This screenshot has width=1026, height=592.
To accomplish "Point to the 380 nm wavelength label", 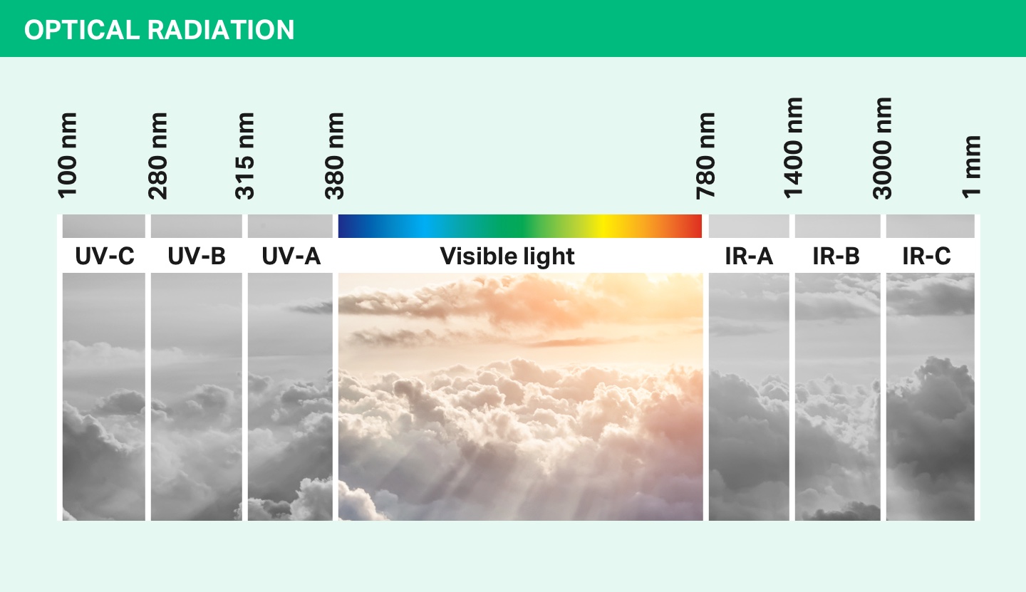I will pyautogui.click(x=334, y=155).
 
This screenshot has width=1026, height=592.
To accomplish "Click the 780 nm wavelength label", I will pyautogui.click(x=705, y=155).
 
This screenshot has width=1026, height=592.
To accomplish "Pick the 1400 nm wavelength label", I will pyautogui.click(x=793, y=147).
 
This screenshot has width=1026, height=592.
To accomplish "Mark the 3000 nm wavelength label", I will pyautogui.click(x=882, y=147).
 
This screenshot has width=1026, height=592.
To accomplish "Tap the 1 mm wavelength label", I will pyautogui.click(x=971, y=165).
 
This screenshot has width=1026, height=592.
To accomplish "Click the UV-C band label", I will pyautogui.click(x=105, y=256).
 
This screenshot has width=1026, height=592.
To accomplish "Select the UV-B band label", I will pyautogui.click(x=197, y=256).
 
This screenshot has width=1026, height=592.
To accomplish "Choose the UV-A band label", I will pyautogui.click(x=291, y=256).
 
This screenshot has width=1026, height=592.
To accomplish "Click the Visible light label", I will pyautogui.click(x=507, y=256).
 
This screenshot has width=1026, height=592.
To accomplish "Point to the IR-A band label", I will pyautogui.click(x=749, y=256).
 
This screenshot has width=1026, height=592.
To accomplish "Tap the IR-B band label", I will pyautogui.click(x=836, y=256).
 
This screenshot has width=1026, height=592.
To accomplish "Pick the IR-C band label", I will pyautogui.click(x=926, y=256).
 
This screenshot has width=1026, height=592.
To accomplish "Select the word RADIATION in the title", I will pyautogui.click(x=221, y=30).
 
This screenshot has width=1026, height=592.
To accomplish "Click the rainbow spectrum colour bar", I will pyautogui.click(x=520, y=226).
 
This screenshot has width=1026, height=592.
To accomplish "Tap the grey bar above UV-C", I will pyautogui.click(x=104, y=226).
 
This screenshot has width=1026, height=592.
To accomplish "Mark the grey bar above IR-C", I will pyautogui.click(x=930, y=226).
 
